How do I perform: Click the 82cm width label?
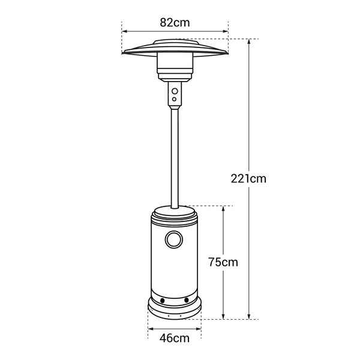[x=175, y=22]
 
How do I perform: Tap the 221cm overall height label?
[x=248, y=178]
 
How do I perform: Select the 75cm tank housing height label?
[x=223, y=262]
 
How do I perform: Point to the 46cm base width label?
[x=175, y=338]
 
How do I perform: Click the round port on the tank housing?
[x=175, y=240]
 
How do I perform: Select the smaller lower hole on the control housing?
[x=175, y=99]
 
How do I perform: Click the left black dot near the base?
[x=160, y=300]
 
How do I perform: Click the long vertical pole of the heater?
[x=175, y=156]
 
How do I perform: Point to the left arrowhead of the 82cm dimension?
[x=124, y=31]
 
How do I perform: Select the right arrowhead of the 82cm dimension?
[x=227, y=31]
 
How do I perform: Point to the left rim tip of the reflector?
[x=123, y=54]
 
